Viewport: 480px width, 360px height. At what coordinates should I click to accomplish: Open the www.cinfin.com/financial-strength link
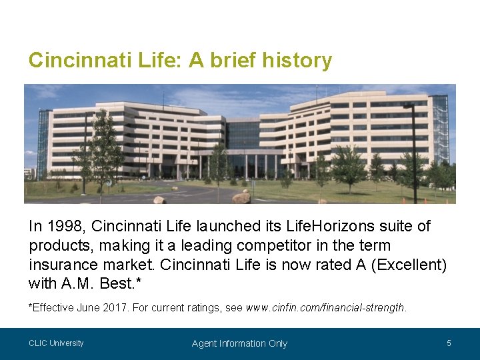click(325, 308)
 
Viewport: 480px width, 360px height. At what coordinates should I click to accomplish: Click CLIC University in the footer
click(56, 343)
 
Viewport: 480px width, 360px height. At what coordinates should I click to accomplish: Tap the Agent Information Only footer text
click(239, 343)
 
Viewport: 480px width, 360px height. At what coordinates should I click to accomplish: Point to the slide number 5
click(449, 343)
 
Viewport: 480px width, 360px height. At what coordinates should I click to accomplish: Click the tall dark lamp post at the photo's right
click(413, 153)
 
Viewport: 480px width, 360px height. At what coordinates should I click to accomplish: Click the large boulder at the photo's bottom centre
click(241, 197)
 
